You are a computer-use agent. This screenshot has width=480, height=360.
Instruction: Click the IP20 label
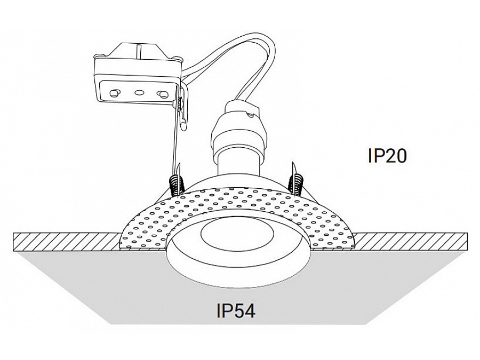387,156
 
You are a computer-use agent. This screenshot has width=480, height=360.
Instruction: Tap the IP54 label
235,311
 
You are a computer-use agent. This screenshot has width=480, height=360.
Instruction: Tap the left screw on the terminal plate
115,92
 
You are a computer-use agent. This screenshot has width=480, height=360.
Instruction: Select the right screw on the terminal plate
162,94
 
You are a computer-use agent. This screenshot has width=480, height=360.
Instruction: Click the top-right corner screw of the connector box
177,58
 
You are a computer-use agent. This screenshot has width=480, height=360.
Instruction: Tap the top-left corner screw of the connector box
99,56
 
